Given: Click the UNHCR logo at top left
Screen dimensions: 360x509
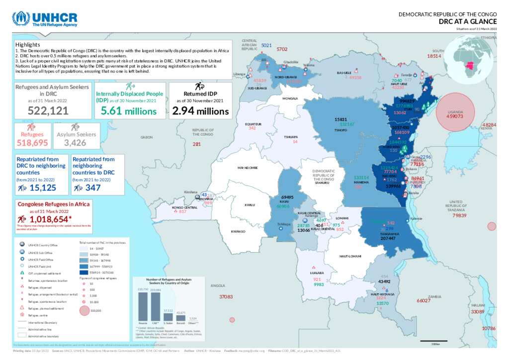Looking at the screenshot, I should pyautogui.click(x=45, y=19).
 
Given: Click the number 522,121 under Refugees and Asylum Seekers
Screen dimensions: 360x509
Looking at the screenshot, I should pyautogui.click(x=48, y=111).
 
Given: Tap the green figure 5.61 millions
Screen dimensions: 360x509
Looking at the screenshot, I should pyautogui.click(x=128, y=111).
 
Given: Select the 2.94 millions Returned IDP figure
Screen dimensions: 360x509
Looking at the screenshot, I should pyautogui.click(x=200, y=111).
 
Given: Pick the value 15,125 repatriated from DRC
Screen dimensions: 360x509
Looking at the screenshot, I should pyautogui.click(x=43, y=188).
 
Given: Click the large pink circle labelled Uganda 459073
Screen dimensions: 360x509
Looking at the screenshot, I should pyautogui.click(x=454, y=112).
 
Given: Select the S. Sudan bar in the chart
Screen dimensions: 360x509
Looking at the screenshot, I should pyautogui.click(x=168, y=316).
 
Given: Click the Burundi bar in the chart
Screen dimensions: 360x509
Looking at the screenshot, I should pyautogui.click(x=181, y=317).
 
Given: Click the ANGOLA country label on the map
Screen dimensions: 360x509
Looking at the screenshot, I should pyautogui.click(x=218, y=286).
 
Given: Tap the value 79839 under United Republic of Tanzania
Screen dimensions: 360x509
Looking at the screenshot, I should pyautogui.click(x=460, y=215).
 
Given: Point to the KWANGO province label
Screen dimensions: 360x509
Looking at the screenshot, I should pyautogui.click(x=238, y=232).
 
